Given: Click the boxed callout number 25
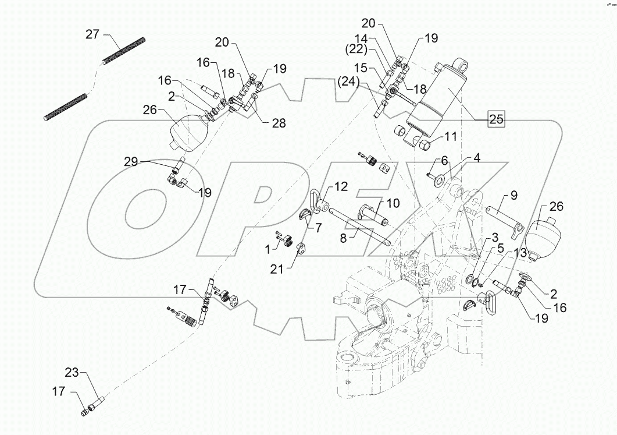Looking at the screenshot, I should [495, 119].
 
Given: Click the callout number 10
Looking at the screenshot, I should [393, 203].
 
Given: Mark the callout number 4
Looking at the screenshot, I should [476, 157].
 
